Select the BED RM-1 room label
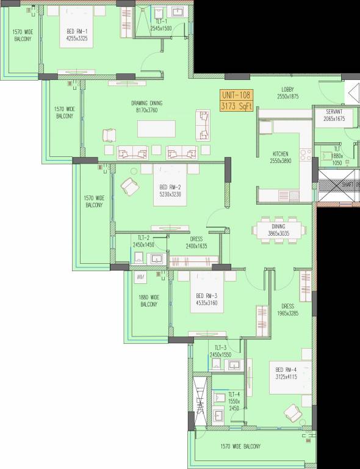78,34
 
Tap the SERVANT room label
334,112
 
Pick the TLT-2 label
144,238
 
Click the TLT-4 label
234,394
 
